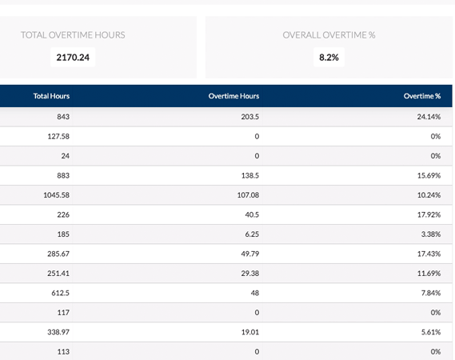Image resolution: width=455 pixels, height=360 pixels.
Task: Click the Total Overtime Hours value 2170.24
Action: point(74,58)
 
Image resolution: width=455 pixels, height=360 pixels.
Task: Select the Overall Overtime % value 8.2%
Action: point(329,58)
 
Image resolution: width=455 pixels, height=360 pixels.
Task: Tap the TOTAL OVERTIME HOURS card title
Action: point(73,35)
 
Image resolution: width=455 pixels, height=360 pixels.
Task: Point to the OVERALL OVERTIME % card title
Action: point(329,35)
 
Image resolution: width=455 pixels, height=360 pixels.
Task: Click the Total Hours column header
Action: point(51,96)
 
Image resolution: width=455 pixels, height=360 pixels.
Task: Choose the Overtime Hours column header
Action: point(233,96)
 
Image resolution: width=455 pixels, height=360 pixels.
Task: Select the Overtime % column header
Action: point(422,96)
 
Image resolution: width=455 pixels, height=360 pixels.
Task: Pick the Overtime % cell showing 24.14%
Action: point(428,117)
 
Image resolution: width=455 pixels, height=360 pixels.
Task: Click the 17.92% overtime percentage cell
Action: point(428,214)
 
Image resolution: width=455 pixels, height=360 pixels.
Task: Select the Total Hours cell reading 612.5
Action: point(58,292)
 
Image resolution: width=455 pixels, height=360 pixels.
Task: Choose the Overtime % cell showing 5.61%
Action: point(430,331)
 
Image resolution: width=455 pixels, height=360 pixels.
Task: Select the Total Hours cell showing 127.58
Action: point(58,136)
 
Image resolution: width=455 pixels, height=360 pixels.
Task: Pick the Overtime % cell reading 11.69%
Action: point(428,273)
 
